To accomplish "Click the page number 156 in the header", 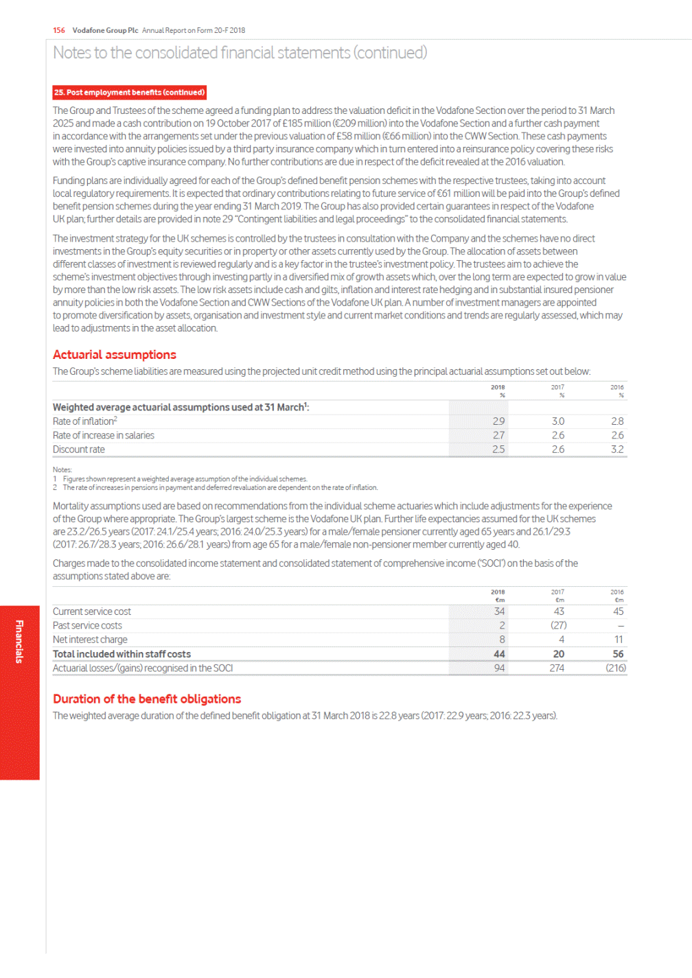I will pyautogui.click(x=59, y=30).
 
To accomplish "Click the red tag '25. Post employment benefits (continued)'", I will pyautogui.click(x=129, y=93).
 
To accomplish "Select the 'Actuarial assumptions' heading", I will pyautogui.click(x=115, y=355).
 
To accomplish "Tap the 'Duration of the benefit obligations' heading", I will pyautogui.click(x=147, y=699).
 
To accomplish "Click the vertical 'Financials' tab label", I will pyautogui.click(x=19, y=642).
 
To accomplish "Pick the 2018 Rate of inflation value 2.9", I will pyautogui.click(x=498, y=421).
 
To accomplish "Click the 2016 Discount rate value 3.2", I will pyautogui.click(x=617, y=450).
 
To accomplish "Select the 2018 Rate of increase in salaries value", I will pyautogui.click(x=498, y=436).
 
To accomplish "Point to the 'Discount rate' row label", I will pyautogui.click(x=79, y=450).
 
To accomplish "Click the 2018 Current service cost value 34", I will pyautogui.click(x=499, y=612).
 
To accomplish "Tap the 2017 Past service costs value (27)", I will pyautogui.click(x=558, y=626).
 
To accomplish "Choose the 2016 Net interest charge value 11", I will pyautogui.click(x=619, y=640).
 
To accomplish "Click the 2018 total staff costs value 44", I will pyautogui.click(x=499, y=655).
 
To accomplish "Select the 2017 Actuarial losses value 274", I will pyautogui.click(x=557, y=668).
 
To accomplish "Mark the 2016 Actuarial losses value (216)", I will pyautogui.click(x=616, y=668).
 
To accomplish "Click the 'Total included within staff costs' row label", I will pyautogui.click(x=122, y=655).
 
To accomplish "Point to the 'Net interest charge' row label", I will pyautogui.click(x=90, y=640).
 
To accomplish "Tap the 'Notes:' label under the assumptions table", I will pyautogui.click(x=62, y=470).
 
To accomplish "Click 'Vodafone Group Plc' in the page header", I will pyautogui.click(x=105, y=30).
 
